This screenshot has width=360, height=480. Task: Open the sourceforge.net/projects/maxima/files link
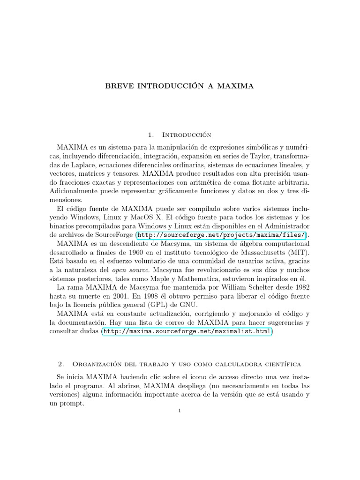pyautogui.click(x=222, y=235)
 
